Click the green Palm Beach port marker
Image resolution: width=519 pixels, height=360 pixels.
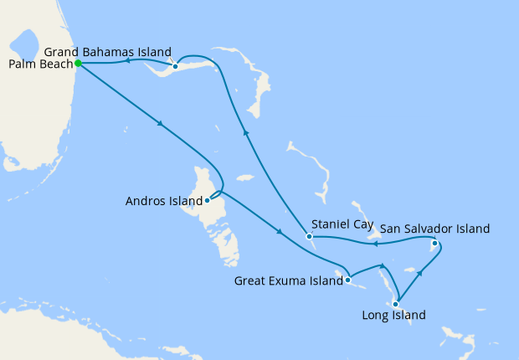78,63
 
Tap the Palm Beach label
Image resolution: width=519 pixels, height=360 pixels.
39,64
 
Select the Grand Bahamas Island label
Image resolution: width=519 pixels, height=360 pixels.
108,50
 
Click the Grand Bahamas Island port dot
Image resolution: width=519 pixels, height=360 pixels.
175,66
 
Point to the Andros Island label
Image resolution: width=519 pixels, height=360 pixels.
163,201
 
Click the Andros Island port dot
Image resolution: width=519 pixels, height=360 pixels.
207,200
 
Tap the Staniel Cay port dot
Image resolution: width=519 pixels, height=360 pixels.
309,236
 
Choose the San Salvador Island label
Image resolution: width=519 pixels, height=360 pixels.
434,228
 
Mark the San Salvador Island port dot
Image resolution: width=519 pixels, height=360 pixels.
434,244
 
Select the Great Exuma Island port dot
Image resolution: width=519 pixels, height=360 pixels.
347,280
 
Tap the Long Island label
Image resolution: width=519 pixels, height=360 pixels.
393,316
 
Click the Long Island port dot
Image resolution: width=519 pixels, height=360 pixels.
395,303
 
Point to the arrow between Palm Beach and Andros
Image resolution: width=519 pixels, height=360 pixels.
159,126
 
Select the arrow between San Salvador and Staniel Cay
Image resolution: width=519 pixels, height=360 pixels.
375,244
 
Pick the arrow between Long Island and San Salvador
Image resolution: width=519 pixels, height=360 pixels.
419,274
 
